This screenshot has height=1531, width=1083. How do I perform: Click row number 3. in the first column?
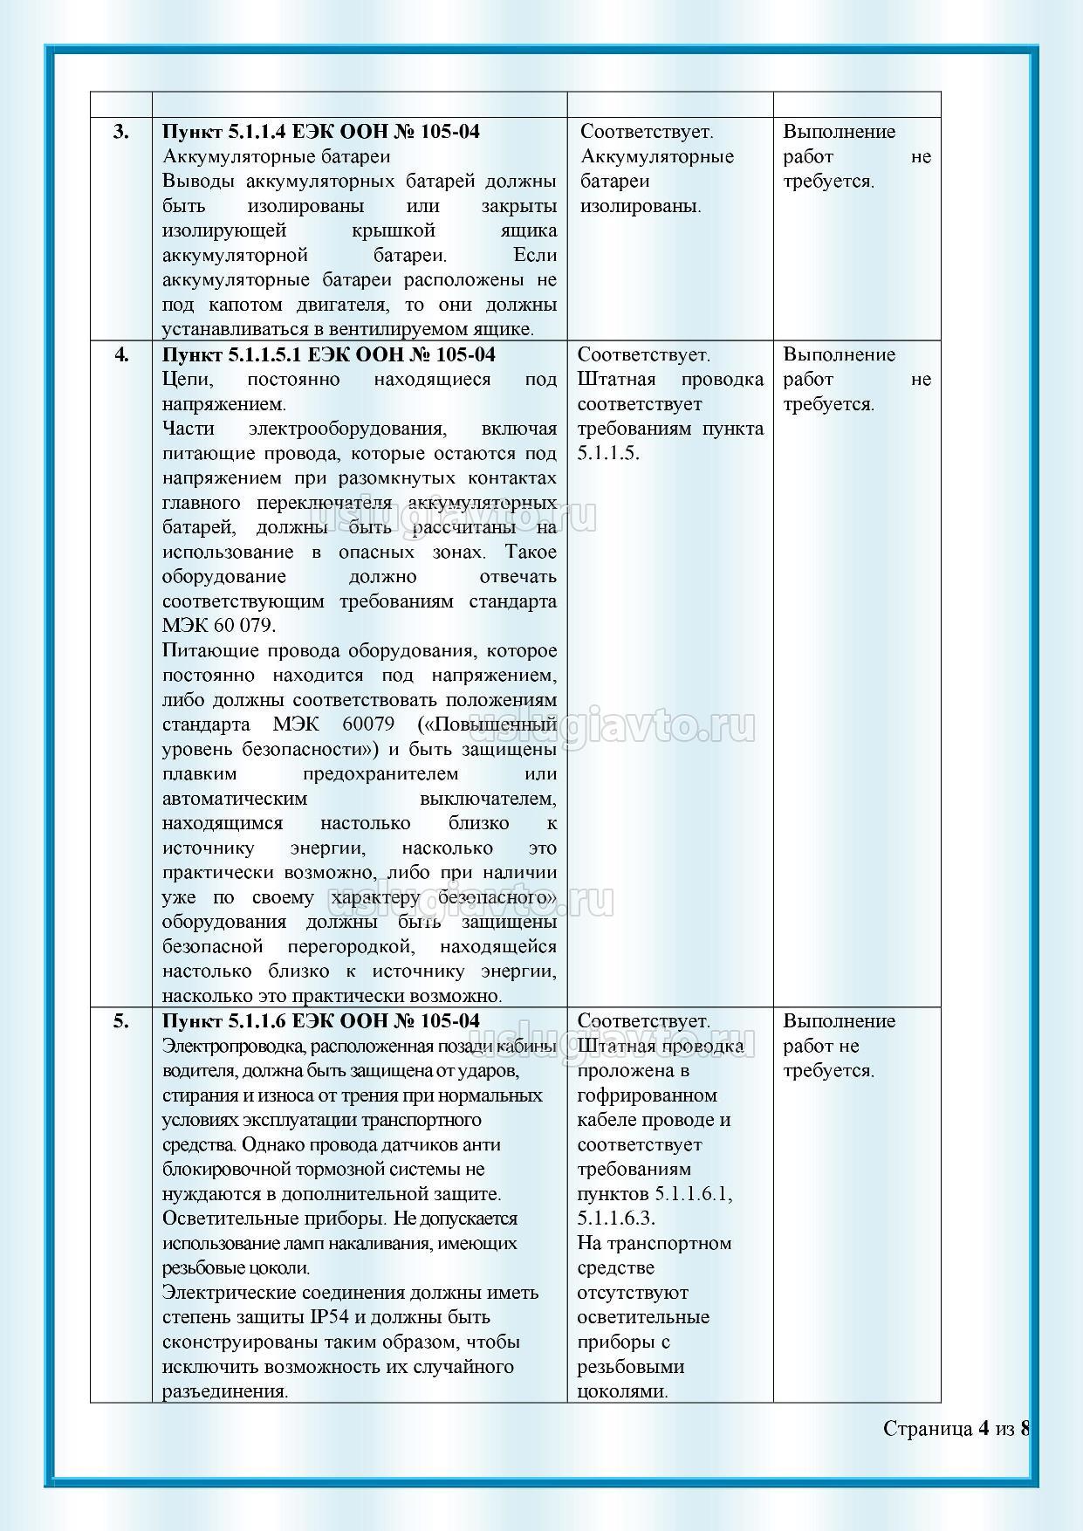pos(120,132)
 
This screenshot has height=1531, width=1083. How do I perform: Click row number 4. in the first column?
pos(120,354)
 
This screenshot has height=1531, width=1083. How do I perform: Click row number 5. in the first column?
pos(120,1021)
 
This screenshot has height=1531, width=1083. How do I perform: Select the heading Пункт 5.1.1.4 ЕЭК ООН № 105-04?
pos(320,132)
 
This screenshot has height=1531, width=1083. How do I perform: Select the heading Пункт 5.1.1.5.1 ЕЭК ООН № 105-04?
pos(328,354)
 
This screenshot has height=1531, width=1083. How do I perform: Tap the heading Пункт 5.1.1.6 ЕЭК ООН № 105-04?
pos(320,1021)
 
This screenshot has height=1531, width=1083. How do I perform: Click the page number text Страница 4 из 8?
pos(956,1429)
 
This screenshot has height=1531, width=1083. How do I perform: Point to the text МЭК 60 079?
pos(218,626)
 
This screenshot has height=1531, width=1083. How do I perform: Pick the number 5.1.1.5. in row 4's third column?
pos(609,453)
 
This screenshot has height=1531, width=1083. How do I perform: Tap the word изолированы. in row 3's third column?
pos(641,206)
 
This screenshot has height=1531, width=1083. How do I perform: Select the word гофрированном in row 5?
pos(647,1095)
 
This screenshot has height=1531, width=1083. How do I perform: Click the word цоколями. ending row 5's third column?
pos(622,1391)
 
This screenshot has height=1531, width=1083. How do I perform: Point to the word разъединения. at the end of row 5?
pos(225,1391)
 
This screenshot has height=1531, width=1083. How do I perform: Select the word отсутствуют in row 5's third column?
pos(633,1293)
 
